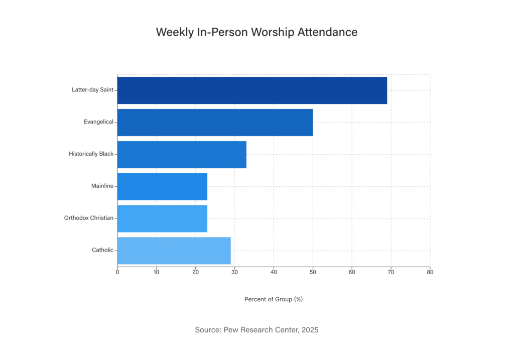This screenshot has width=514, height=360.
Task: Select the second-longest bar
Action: [215, 122]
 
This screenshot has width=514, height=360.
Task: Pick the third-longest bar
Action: [182, 154]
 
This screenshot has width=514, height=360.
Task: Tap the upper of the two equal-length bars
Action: [162, 186]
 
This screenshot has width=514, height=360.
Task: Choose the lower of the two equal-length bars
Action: [162, 218]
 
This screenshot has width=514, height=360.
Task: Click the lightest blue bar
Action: [174, 251]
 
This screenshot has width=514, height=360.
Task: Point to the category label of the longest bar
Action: [90, 89]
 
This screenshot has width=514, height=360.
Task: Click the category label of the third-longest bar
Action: [90, 153]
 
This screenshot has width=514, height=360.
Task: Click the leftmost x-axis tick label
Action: [117, 274]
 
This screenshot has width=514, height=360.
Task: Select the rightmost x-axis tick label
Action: [430, 274]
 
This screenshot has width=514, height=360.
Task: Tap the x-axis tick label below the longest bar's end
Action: [391, 274]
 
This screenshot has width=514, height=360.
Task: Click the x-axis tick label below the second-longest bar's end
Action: [312, 274]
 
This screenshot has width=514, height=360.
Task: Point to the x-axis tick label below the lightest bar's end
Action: [234, 274]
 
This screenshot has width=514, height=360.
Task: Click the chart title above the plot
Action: [257, 33]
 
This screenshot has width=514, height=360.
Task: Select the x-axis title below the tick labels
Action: [273, 300]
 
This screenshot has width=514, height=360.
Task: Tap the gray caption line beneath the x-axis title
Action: [256, 330]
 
